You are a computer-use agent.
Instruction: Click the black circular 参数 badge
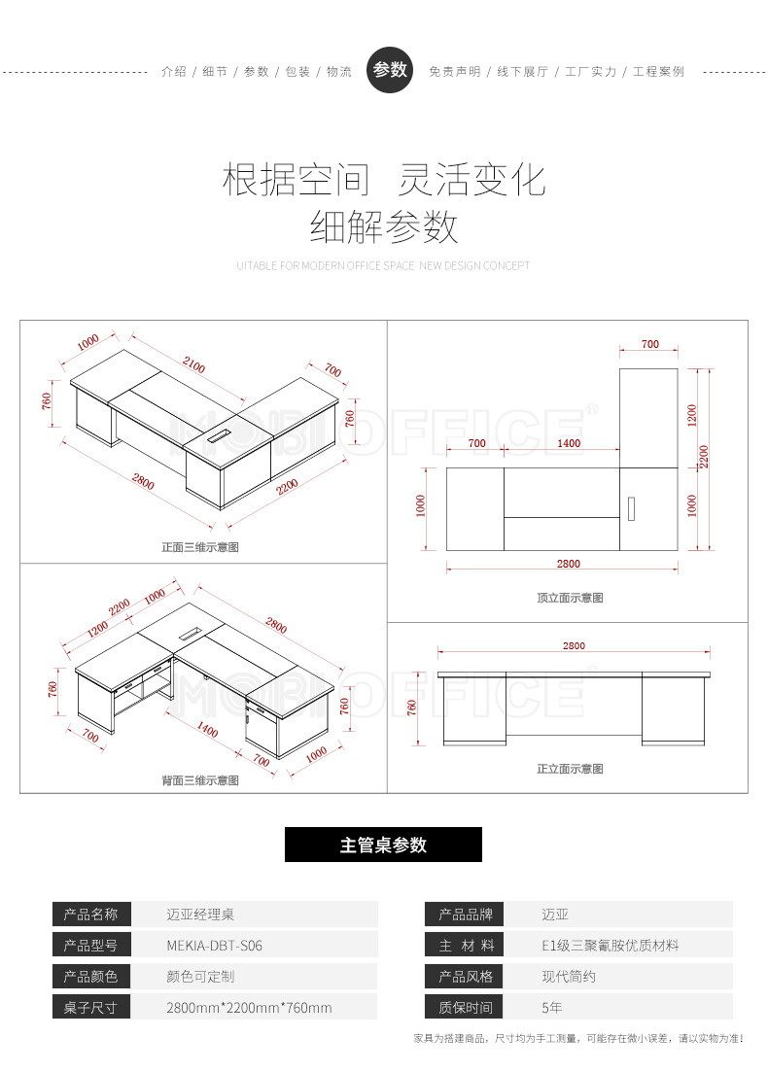point(389,70)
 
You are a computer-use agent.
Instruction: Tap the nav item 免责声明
point(454,72)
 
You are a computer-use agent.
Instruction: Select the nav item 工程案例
point(658,72)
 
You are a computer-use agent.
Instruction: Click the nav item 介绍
point(174,72)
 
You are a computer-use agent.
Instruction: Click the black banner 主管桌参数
point(383,845)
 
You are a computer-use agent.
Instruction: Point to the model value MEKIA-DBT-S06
point(215,945)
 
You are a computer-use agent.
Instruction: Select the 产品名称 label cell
point(90,914)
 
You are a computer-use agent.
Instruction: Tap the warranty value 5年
point(552,1008)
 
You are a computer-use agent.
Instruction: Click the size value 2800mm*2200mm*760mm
point(249,1008)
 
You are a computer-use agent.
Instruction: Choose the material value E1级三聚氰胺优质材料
point(611,945)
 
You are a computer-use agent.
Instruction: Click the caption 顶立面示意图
point(570,598)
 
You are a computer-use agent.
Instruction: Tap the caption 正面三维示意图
point(200,547)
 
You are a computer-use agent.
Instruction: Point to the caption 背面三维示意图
point(200,780)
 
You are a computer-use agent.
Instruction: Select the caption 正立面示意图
point(570,769)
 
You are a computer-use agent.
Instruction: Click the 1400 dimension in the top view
point(569,443)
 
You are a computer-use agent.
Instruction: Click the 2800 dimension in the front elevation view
point(574,645)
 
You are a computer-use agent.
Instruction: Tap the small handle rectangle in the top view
point(631,508)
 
